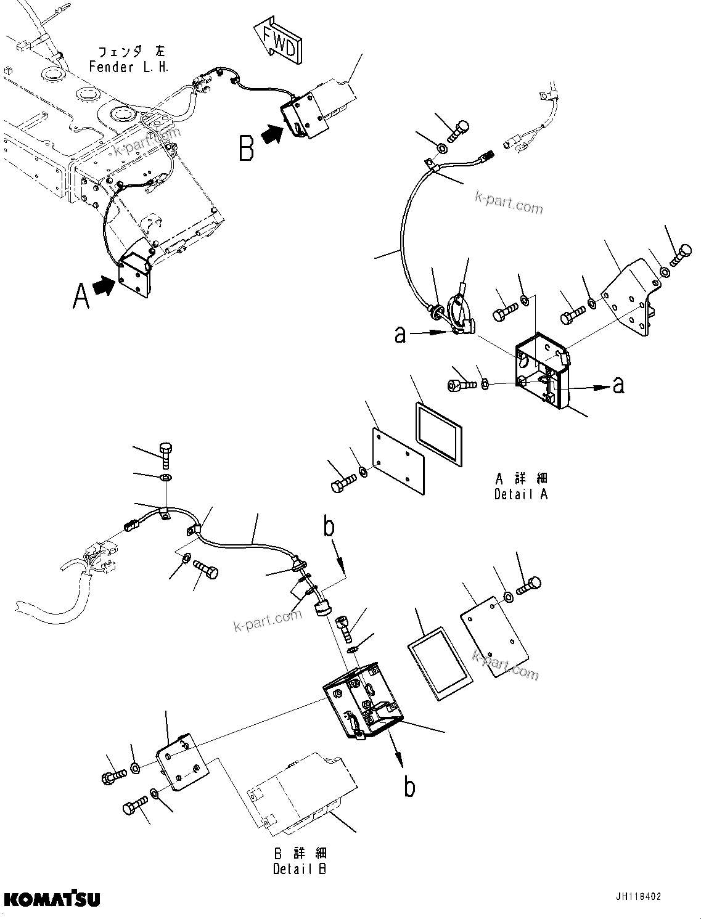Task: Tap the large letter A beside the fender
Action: click(x=81, y=295)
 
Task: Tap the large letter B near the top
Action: click(x=247, y=148)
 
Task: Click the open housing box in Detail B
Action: click(x=363, y=700)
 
